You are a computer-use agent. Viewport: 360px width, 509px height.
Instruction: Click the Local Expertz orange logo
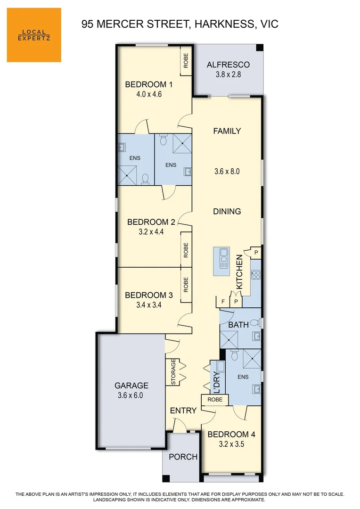point(34,35)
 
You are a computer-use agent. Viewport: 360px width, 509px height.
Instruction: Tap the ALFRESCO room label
point(228,65)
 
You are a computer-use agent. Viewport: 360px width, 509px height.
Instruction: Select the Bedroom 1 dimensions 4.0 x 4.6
point(149,94)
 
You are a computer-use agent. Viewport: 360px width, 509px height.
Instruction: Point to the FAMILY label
point(227,131)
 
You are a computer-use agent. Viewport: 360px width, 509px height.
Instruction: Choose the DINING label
point(227,211)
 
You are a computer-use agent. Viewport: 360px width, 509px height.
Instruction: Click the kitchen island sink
point(223,259)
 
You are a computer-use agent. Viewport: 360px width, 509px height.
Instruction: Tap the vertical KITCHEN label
point(239,272)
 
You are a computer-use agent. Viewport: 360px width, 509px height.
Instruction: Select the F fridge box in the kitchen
point(223,301)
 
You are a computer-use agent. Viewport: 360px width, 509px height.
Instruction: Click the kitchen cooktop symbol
point(256,273)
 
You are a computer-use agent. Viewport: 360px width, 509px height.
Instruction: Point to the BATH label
point(238,325)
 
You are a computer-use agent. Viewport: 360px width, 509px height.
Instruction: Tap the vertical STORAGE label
point(173,372)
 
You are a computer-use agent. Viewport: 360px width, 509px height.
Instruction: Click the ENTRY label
point(183,410)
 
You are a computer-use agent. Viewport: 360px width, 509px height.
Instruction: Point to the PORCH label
point(183,457)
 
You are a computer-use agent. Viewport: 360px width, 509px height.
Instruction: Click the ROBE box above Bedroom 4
point(215,400)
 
